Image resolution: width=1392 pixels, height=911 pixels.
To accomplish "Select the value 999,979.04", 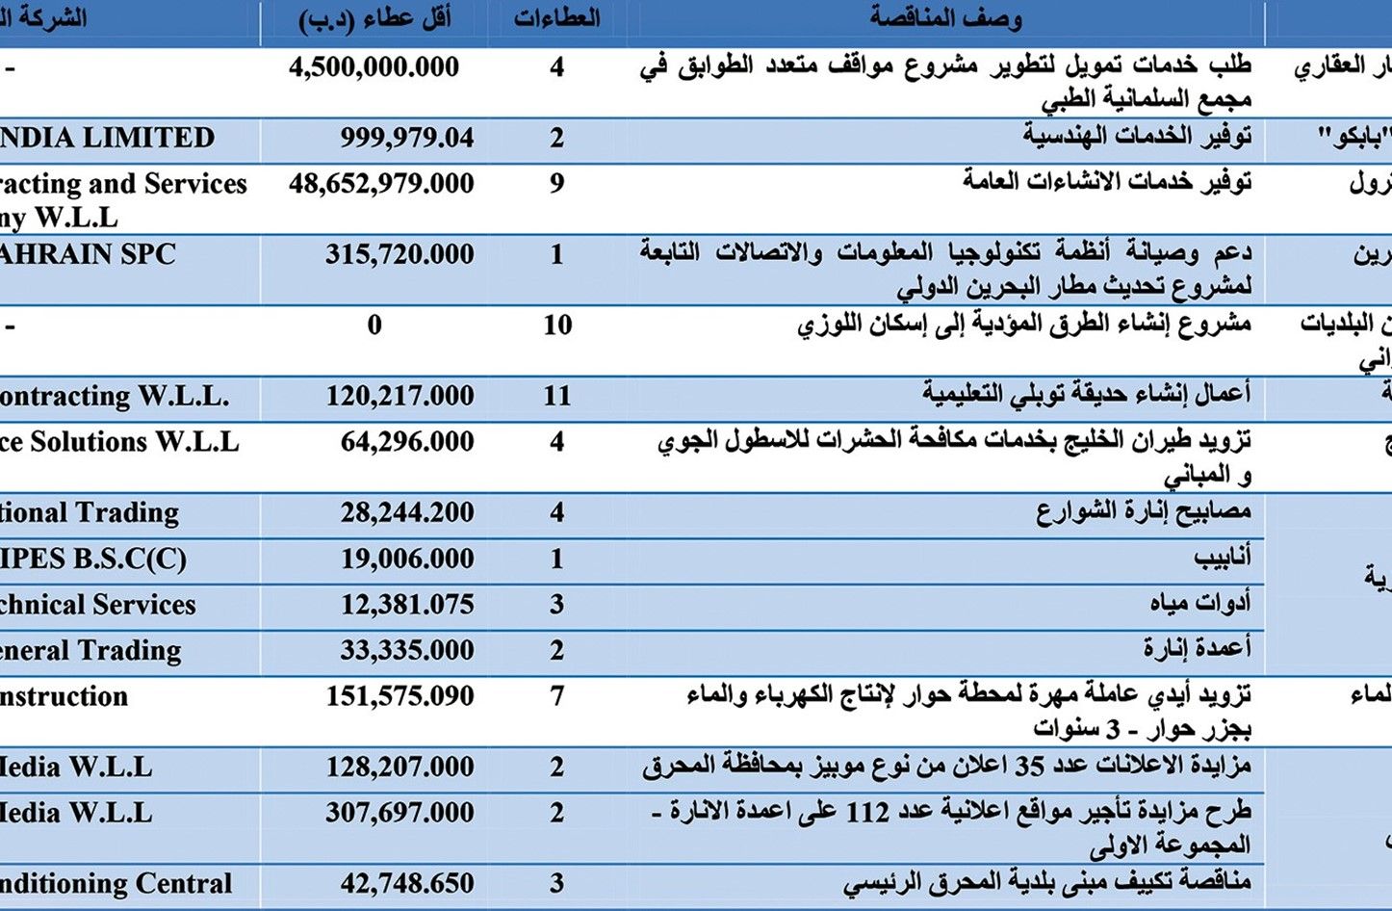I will [x=406, y=139].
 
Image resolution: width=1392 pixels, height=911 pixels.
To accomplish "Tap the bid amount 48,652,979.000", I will [x=381, y=184].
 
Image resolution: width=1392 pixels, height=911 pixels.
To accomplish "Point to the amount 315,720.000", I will [x=399, y=255].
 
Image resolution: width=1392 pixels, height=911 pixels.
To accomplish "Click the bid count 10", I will [x=557, y=325].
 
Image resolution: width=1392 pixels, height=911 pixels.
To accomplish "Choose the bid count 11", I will [x=557, y=396].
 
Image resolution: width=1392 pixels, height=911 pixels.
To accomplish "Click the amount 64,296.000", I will [x=407, y=442].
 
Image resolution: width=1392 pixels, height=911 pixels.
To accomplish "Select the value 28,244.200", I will [x=406, y=513].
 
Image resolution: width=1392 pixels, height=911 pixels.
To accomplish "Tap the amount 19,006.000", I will [x=407, y=560].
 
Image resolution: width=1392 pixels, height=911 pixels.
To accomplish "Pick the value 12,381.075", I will [x=407, y=605].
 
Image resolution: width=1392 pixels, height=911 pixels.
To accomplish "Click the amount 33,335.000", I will [x=406, y=651].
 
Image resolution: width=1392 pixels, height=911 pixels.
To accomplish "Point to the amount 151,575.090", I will [x=400, y=696].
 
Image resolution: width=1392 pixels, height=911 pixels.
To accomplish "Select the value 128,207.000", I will [x=400, y=768].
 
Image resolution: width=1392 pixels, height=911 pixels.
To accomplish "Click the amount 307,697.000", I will [x=400, y=813].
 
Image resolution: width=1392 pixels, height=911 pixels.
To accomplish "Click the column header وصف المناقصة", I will [x=945, y=18].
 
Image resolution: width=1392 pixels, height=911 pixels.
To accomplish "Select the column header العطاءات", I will [x=556, y=18].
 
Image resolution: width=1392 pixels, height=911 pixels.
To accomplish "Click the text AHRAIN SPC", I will [x=88, y=255].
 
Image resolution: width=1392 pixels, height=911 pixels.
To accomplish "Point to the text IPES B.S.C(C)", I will [x=93, y=560].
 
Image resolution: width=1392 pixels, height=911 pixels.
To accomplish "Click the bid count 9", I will [x=556, y=184].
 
